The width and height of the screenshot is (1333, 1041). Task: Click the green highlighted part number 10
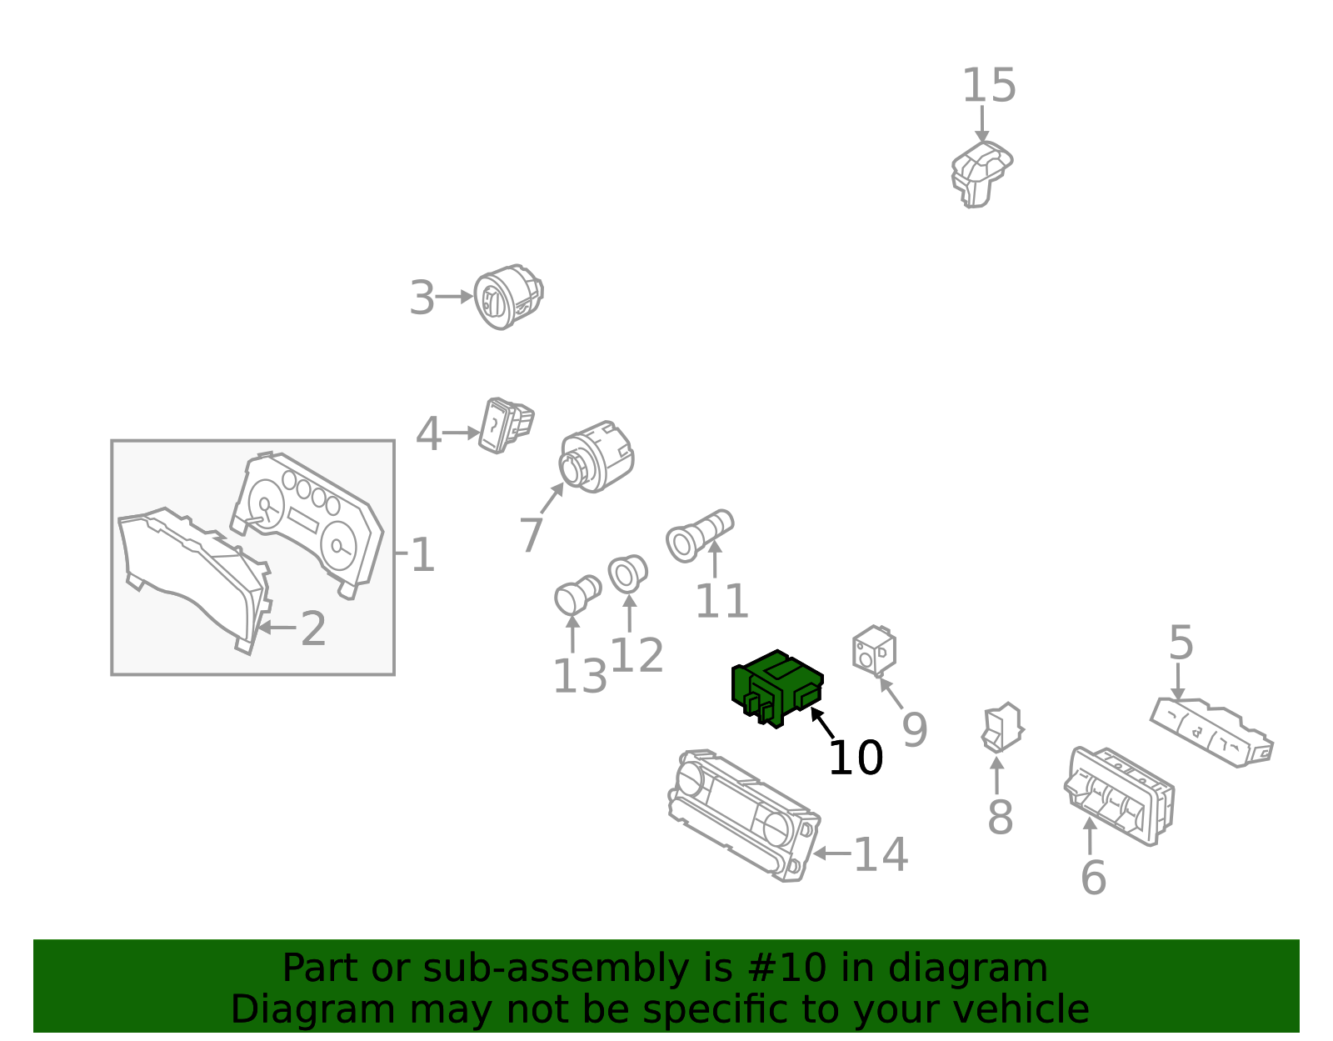click(x=776, y=688)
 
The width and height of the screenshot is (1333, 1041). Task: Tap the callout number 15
click(x=989, y=86)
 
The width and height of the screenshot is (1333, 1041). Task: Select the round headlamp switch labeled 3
click(x=508, y=297)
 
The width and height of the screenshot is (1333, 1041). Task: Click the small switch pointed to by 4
click(x=506, y=426)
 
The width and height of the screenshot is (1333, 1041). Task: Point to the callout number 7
click(x=531, y=535)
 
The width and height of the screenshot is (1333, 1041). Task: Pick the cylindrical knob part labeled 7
click(x=597, y=457)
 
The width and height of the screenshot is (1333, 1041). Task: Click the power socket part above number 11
click(x=699, y=536)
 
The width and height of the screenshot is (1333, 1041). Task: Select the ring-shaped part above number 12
click(x=627, y=574)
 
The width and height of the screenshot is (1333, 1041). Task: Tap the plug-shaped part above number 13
click(x=577, y=594)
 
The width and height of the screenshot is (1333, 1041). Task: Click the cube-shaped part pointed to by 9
click(x=874, y=650)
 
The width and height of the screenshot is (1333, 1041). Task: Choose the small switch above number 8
click(x=1002, y=728)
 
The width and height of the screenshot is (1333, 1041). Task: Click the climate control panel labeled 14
click(x=744, y=815)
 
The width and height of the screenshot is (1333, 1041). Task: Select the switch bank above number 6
click(x=1120, y=796)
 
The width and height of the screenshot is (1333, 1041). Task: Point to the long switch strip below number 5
click(x=1211, y=732)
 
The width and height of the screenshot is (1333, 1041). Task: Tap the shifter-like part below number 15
click(x=981, y=174)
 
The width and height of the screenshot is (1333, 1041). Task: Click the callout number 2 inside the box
click(x=313, y=628)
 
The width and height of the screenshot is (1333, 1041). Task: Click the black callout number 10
click(x=856, y=758)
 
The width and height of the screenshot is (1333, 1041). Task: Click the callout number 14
click(x=881, y=854)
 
